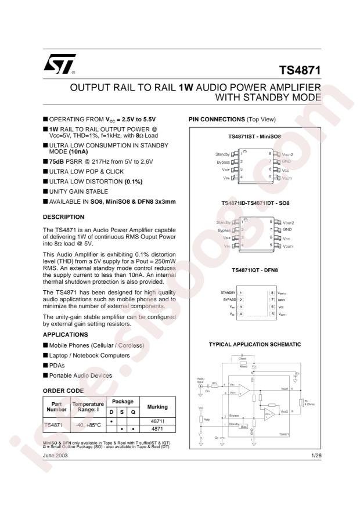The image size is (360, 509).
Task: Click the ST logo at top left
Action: pos(56,69)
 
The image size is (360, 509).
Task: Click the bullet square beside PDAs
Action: pos(46,365)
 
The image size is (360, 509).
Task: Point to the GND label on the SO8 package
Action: pos(287,230)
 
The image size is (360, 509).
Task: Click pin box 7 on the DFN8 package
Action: pos(271,299)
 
